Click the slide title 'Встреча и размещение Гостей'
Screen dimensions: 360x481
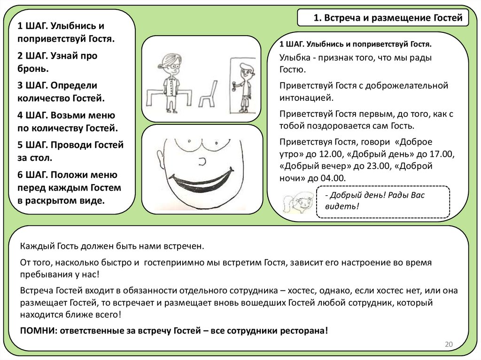(388, 18)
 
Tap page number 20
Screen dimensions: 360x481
(449, 345)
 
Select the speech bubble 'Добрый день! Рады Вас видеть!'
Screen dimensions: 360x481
(383, 201)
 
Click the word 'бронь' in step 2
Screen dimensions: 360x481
(32, 69)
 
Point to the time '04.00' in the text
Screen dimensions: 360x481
(333, 178)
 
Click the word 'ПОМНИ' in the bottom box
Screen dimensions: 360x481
(36, 329)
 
